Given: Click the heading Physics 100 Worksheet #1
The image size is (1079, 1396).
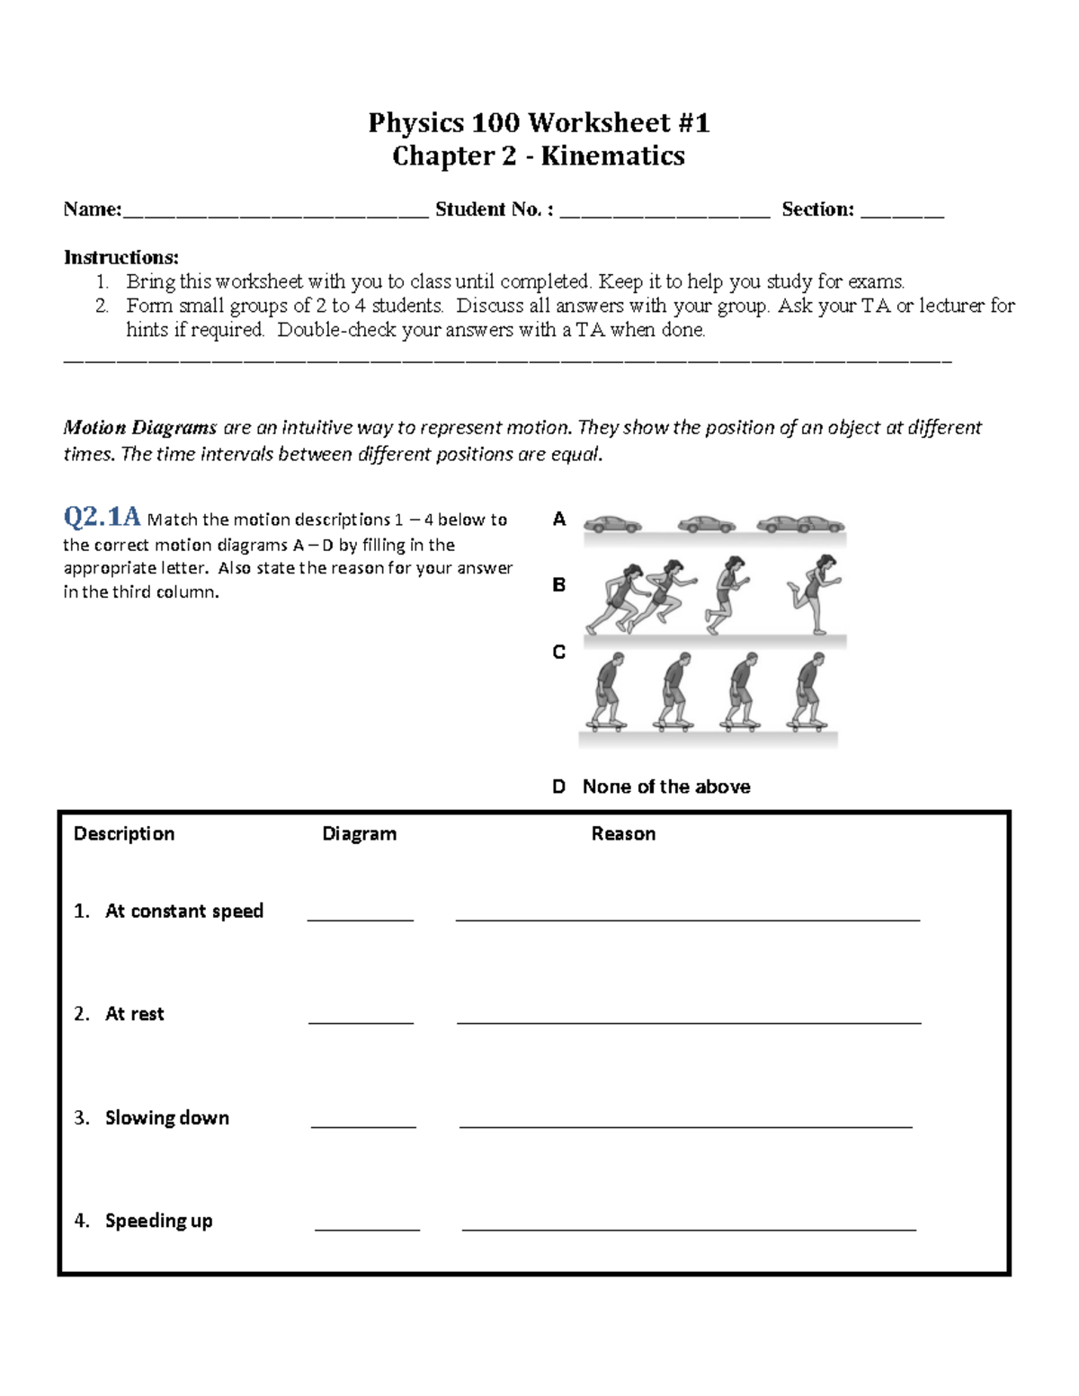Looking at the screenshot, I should coord(539,122).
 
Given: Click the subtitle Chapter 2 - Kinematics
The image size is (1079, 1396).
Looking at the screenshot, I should coord(539,156).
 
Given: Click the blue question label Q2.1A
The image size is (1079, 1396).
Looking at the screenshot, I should coord(102,518).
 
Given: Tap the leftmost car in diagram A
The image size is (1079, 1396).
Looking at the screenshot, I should coord(612,524).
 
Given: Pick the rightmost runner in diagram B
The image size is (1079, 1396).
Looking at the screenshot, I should coord(814,593).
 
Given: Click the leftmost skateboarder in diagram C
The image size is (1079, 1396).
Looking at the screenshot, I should coord(604,690).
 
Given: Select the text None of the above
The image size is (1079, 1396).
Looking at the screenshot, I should coord(665,787).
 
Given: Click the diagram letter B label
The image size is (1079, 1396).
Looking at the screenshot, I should coord(559,585).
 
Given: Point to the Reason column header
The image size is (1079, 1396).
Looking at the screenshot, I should coord(623,834).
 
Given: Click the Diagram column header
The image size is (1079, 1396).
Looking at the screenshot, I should coord(359,834).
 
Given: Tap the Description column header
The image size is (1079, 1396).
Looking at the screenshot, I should coord(124,834).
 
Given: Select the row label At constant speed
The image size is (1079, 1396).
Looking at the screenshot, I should coord(183,911).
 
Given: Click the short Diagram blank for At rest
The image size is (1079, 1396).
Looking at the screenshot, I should coord(361,1020).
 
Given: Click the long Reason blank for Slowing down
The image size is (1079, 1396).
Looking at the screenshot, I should coord(685,1124).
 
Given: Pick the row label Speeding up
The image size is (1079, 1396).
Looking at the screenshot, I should coord(158,1221).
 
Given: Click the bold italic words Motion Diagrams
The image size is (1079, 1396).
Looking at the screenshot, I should coord(139,428).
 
